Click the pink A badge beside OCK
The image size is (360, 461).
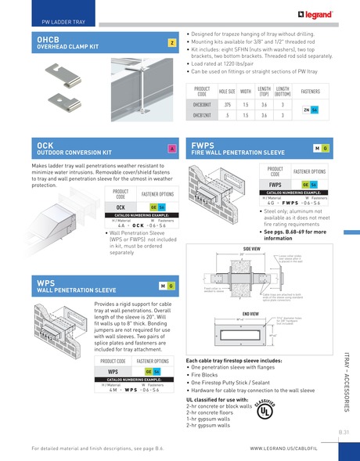click(171, 149)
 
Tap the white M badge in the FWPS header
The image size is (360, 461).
click(316, 148)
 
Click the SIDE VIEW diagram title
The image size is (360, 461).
click(252, 248)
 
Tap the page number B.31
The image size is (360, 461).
click(344, 432)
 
